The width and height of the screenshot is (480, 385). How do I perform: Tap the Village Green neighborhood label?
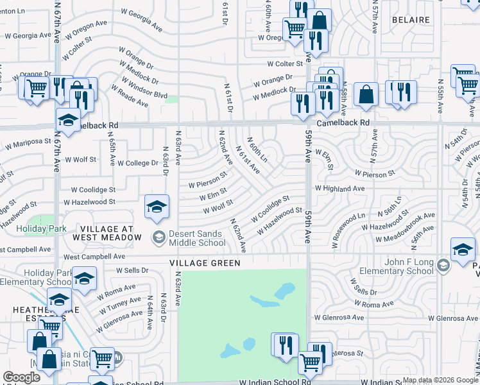(205, 263)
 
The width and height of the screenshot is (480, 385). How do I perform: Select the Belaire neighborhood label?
(410, 20)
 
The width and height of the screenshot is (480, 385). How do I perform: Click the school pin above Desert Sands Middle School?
(157, 207)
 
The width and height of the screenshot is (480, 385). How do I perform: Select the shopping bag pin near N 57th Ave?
(365, 95)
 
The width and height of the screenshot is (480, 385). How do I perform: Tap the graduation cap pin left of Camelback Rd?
(69, 120)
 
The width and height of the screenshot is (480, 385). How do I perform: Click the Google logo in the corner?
(21, 377)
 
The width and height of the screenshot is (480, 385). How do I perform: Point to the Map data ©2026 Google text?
(440, 380)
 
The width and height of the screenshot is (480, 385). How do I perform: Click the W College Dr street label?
(137, 164)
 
